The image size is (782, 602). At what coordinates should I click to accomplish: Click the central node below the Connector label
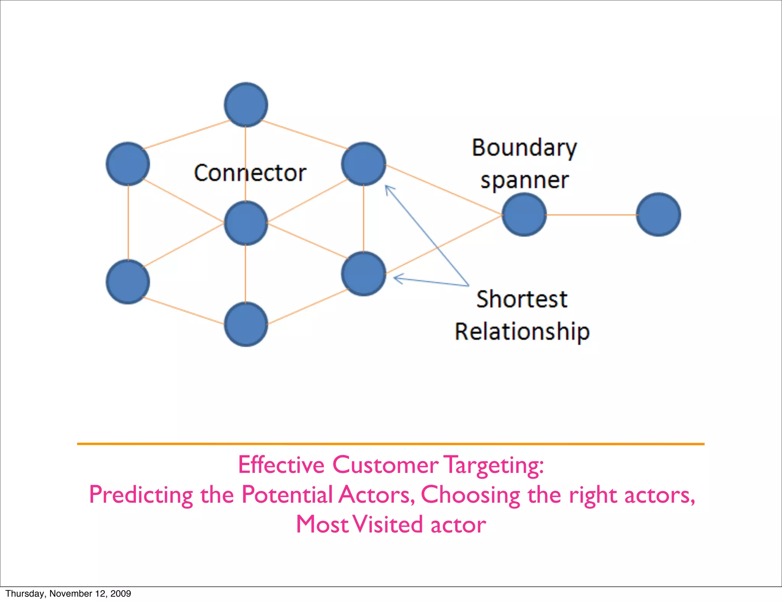click(x=246, y=223)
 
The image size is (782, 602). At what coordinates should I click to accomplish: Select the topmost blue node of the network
click(x=246, y=105)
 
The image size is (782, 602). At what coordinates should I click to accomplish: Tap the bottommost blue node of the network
click(x=246, y=324)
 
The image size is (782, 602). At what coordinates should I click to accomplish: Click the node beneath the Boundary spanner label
click(x=524, y=215)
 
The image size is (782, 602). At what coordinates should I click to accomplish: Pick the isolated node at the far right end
click(x=658, y=215)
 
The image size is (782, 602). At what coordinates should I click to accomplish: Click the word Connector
click(x=250, y=173)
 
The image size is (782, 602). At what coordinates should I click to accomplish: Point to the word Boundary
click(x=524, y=148)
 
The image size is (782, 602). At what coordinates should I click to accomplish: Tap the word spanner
click(x=524, y=180)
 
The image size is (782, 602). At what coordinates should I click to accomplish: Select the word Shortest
click(x=522, y=299)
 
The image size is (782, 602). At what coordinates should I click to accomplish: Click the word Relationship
click(x=522, y=331)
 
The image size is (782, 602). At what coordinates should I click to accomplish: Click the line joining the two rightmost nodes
click(x=591, y=215)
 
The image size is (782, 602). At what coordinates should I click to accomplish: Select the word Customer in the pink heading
click(x=385, y=465)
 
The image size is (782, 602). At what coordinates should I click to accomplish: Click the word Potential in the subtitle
click(x=287, y=495)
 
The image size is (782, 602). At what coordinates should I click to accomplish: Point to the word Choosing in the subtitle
click(x=470, y=495)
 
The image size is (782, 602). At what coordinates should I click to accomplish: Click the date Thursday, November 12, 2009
click(x=68, y=594)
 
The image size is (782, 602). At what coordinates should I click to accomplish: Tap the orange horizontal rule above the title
click(x=390, y=444)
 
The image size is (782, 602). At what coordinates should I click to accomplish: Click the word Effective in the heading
click(x=281, y=465)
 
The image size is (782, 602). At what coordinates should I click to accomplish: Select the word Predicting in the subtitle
click(x=141, y=495)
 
